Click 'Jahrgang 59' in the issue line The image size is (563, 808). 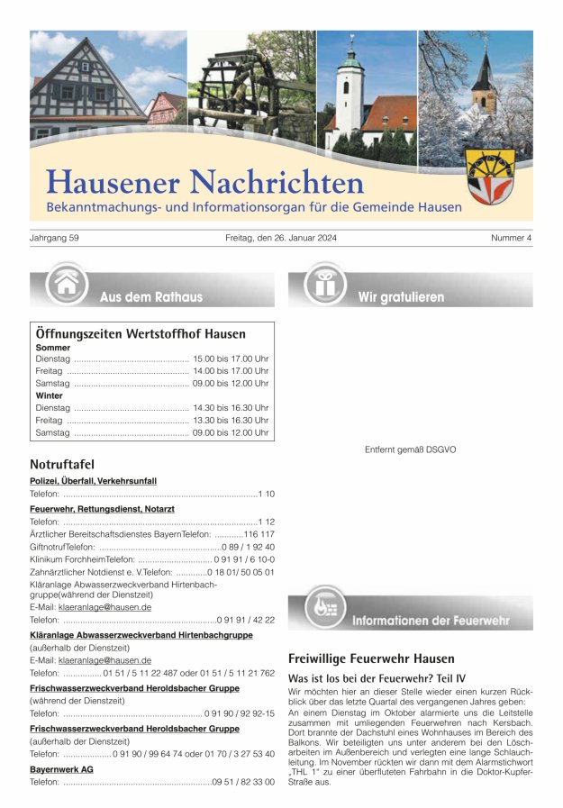[55, 238]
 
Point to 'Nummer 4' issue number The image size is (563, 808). [512, 238]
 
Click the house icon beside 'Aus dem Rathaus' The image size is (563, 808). [66, 285]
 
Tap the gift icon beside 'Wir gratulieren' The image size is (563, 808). [324, 285]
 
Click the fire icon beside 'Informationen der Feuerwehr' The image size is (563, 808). [324, 608]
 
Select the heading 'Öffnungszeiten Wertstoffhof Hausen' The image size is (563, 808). [141, 333]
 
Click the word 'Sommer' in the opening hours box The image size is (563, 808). [53, 347]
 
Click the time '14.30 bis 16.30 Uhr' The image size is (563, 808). [230, 408]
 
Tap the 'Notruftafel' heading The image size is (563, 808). [62, 464]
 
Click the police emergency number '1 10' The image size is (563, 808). [266, 495]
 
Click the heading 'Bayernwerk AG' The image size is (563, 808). [61, 769]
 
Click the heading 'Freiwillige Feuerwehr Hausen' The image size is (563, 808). [371, 658]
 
